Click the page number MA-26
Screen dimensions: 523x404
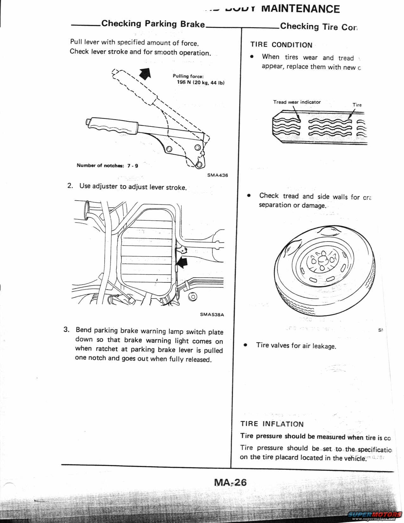point(230,482)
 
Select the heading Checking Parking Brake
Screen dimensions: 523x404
point(153,24)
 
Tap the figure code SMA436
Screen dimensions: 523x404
point(217,175)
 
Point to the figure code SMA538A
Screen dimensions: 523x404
point(212,314)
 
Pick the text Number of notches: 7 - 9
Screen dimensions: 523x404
point(107,165)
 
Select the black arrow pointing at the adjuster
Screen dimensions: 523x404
point(182,263)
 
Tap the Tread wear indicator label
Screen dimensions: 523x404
point(297,102)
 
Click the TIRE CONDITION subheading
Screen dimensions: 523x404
point(281,45)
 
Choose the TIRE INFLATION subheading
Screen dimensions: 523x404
point(272,424)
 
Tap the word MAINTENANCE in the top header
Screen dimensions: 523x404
point(300,9)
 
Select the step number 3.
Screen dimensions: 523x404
point(66,329)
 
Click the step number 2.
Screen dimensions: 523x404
point(70,185)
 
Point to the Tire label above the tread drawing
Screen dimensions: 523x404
point(357,105)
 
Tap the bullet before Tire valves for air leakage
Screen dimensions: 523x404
point(245,345)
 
